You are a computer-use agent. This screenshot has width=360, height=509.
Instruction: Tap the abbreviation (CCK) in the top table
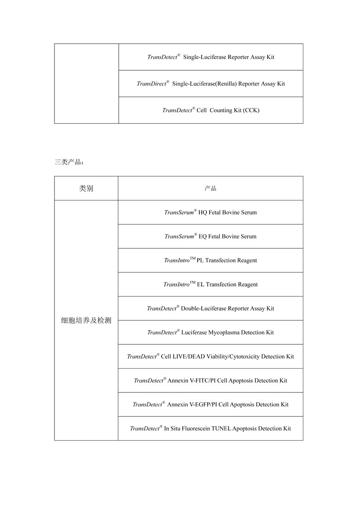click(251, 110)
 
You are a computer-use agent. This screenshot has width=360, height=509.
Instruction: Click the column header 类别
click(86, 189)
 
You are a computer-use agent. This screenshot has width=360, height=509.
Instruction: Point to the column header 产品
click(210, 189)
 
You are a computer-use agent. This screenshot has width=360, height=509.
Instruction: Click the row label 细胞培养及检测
click(86, 320)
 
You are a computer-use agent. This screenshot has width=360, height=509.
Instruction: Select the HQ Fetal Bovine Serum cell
click(211, 212)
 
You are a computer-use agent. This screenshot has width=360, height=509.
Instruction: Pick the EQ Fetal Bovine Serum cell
click(211, 236)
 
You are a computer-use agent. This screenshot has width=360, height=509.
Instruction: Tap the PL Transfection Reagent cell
click(211, 260)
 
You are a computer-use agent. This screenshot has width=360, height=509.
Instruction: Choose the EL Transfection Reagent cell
click(211, 284)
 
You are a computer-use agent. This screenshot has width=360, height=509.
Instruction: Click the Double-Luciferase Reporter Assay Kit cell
click(211, 308)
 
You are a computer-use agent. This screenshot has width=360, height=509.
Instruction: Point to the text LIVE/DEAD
click(188, 356)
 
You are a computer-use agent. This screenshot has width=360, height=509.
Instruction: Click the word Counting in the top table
click(220, 110)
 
